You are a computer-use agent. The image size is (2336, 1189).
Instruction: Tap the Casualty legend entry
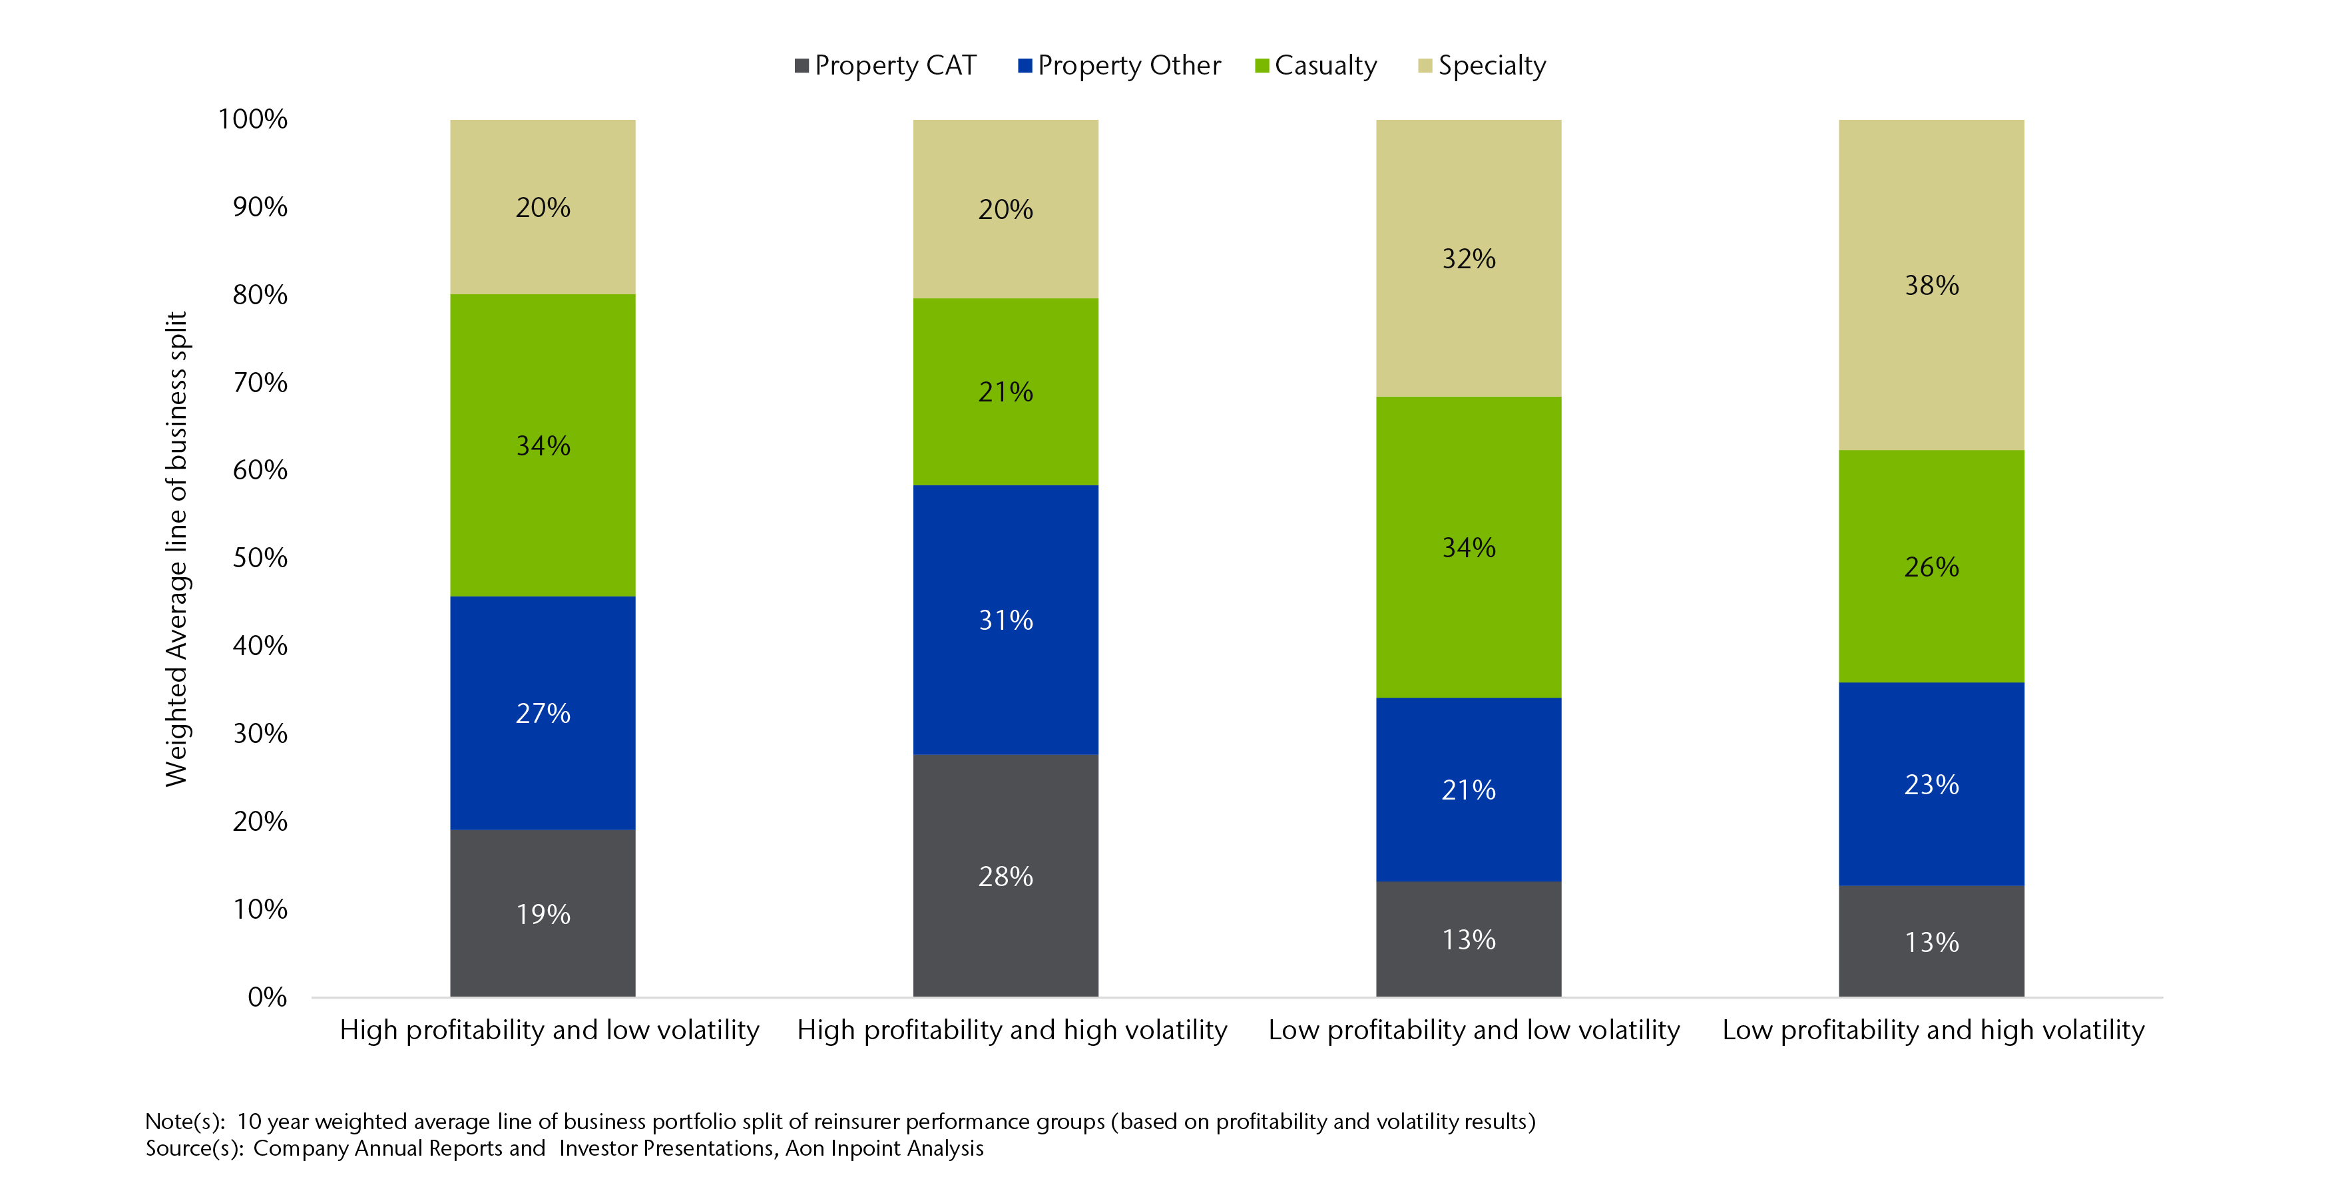(1316, 65)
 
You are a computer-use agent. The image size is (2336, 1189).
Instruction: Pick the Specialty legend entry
(1482, 65)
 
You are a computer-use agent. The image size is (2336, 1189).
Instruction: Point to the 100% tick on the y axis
(253, 119)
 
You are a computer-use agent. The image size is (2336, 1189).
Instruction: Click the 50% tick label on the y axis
(260, 558)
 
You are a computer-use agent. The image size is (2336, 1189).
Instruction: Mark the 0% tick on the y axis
(268, 997)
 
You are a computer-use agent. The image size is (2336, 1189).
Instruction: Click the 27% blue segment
(543, 713)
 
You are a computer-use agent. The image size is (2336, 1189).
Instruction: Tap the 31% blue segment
(1005, 619)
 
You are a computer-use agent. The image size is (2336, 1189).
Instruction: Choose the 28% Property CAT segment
(1005, 875)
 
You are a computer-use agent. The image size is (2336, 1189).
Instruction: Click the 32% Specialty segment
(1468, 258)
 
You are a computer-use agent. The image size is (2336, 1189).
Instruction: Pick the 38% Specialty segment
(1931, 285)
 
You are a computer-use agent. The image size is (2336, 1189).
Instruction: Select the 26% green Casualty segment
(1931, 566)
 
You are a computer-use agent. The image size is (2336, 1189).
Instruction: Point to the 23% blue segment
(1931, 784)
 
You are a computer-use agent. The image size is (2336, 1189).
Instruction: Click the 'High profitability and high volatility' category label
(1011, 1031)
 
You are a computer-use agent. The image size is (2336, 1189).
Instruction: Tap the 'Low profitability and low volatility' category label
(1474, 1031)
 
